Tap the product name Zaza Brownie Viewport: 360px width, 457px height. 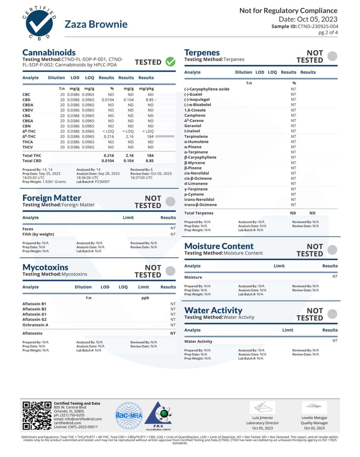point(96,24)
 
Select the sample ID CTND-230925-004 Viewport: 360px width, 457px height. point(318,26)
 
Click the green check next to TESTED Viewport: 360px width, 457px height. point(170,62)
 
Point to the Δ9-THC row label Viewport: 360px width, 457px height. point(29,136)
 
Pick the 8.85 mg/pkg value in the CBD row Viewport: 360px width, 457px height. point(149,100)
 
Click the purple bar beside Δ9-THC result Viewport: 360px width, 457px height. point(165,136)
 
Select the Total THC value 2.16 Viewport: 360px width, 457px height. point(130,156)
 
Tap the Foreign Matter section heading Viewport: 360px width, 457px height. point(52,198)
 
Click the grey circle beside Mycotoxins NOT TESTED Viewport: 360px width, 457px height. point(170,271)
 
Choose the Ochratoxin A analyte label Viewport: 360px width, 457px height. point(35,325)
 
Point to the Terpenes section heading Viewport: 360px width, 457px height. point(202,52)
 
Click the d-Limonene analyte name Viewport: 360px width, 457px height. point(196,184)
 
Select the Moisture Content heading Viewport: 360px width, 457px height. point(219,246)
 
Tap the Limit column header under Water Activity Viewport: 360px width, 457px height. point(287,330)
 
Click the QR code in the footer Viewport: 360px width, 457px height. point(37,416)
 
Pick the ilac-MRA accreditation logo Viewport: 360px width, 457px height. point(129,415)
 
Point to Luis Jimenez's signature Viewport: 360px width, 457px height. point(262,407)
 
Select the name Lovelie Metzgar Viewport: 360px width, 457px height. point(314,418)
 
